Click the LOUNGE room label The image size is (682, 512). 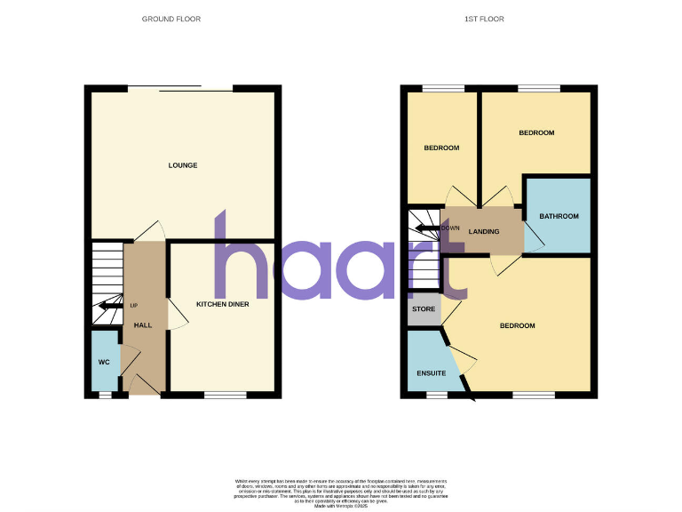[182, 165]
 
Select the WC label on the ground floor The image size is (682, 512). [104, 363]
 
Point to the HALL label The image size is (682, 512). [142, 325]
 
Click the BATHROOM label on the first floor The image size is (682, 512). [559, 216]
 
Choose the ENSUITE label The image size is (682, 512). [431, 373]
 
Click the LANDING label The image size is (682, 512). [484, 232]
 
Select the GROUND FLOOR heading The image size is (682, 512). [170, 19]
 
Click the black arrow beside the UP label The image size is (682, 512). [111, 306]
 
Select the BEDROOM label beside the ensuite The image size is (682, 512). [517, 325]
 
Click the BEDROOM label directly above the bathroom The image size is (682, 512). [536, 132]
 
